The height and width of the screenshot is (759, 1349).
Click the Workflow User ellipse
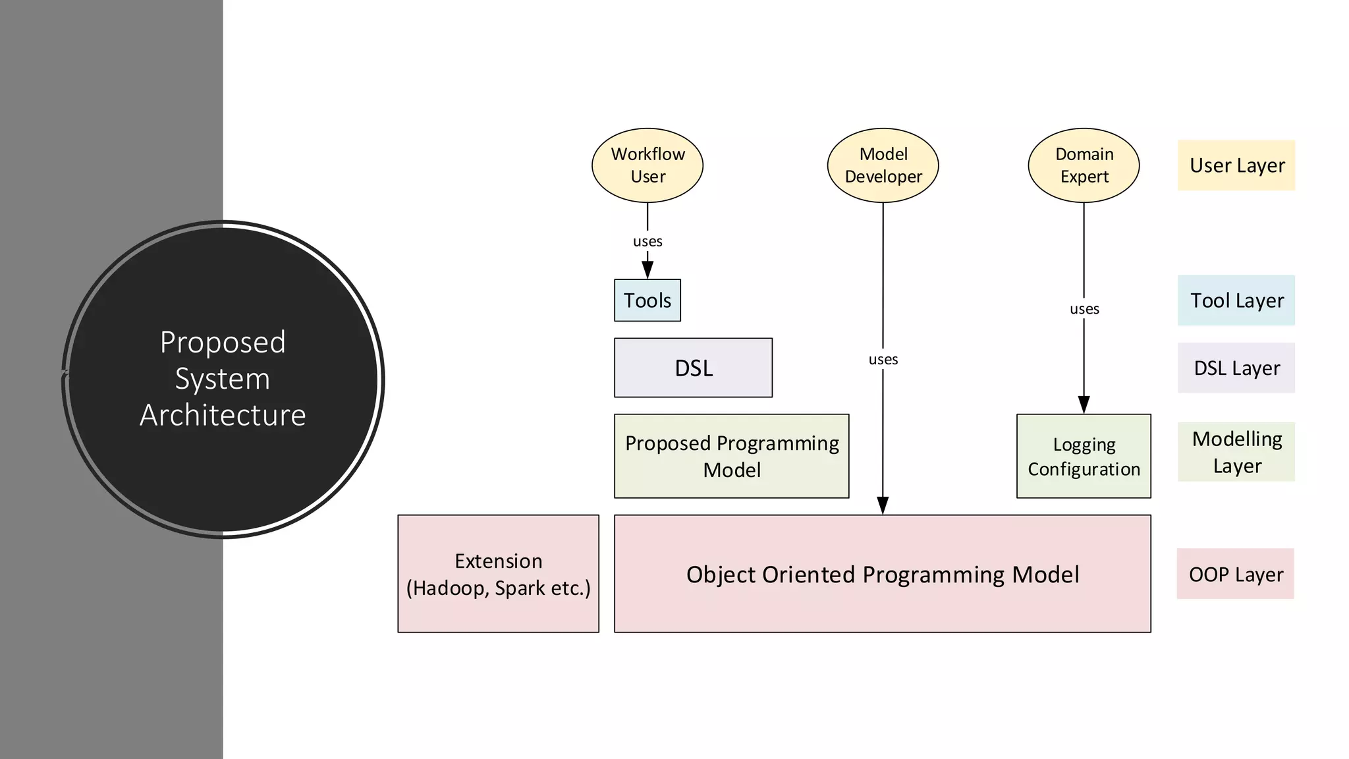point(647,165)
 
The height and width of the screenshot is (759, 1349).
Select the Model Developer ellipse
point(883,165)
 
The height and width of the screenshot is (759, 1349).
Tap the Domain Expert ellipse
point(1084,165)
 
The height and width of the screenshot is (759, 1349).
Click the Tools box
point(647,300)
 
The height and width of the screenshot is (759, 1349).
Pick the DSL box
point(693,368)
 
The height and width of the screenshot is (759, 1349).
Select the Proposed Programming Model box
point(731,456)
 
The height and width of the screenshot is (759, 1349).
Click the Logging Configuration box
point(1084,456)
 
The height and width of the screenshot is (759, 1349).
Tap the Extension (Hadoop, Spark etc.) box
point(498,574)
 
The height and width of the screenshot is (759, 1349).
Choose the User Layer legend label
point(1236,165)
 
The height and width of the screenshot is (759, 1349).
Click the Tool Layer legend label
point(1236,300)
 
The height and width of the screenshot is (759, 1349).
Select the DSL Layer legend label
point(1236,368)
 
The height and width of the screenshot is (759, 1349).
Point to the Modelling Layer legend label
point(1236,452)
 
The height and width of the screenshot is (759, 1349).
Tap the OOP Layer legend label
point(1235,574)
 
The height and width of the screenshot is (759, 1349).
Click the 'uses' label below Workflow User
point(647,242)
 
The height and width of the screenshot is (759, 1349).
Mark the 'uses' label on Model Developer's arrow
point(883,360)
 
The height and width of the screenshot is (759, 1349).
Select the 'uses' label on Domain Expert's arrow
point(1084,309)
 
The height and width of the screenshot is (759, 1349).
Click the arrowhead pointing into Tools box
point(647,270)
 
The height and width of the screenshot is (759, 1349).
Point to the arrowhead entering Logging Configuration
point(1084,405)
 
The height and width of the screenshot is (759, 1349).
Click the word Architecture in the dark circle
point(223,415)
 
